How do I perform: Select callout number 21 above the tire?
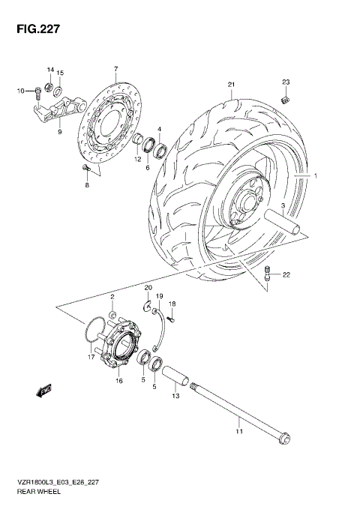coord(232,83)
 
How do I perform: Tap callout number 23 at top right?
coord(285,81)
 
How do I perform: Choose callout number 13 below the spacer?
coord(175,396)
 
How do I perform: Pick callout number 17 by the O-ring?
coord(91,358)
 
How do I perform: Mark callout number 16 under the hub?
coord(118,382)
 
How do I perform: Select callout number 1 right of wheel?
coord(316,176)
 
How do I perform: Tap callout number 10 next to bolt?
coord(21,91)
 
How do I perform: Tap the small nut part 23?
coord(285,98)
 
